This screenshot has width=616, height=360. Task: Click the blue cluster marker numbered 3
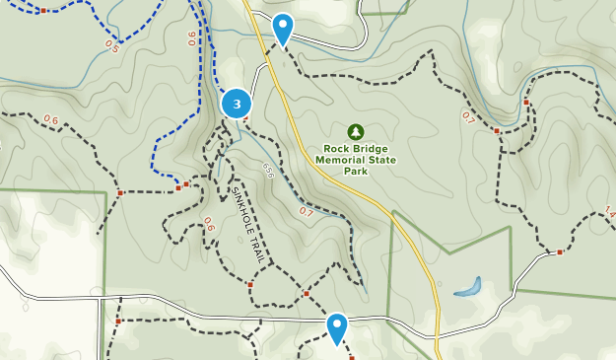coord(237,104)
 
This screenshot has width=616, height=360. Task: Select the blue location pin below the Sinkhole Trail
coord(337,328)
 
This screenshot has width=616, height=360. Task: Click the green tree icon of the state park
coord(356,131)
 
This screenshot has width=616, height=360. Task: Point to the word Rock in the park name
coord(332,150)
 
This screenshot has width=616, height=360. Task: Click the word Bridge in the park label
coord(372,150)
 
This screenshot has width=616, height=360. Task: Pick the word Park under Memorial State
coord(356,171)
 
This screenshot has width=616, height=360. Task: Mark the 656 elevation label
coord(268,171)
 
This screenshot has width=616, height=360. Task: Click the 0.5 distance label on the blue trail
coord(110,46)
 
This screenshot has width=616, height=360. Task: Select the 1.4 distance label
coord(609,212)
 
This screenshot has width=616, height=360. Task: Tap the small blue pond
coord(468,288)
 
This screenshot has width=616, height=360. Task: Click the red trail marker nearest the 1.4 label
coord(559,252)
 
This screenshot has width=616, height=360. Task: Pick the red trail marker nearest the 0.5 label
coord(43,10)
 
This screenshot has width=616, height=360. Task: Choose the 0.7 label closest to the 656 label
coord(306,211)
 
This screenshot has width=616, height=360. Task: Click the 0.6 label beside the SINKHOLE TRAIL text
coord(208,224)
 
